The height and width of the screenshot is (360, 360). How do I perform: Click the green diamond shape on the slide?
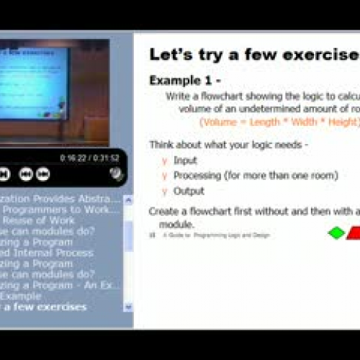point(336,233)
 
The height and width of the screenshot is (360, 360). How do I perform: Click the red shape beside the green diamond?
point(354,233)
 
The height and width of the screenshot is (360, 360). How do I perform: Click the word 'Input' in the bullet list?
point(185,161)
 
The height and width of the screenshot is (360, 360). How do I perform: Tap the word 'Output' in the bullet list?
point(189,191)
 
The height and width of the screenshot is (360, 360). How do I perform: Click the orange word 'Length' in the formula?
point(266,122)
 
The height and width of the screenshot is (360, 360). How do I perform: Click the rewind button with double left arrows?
point(26,174)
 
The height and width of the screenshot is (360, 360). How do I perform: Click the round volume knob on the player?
point(116,174)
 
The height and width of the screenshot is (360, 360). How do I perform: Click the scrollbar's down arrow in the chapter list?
point(128,307)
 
